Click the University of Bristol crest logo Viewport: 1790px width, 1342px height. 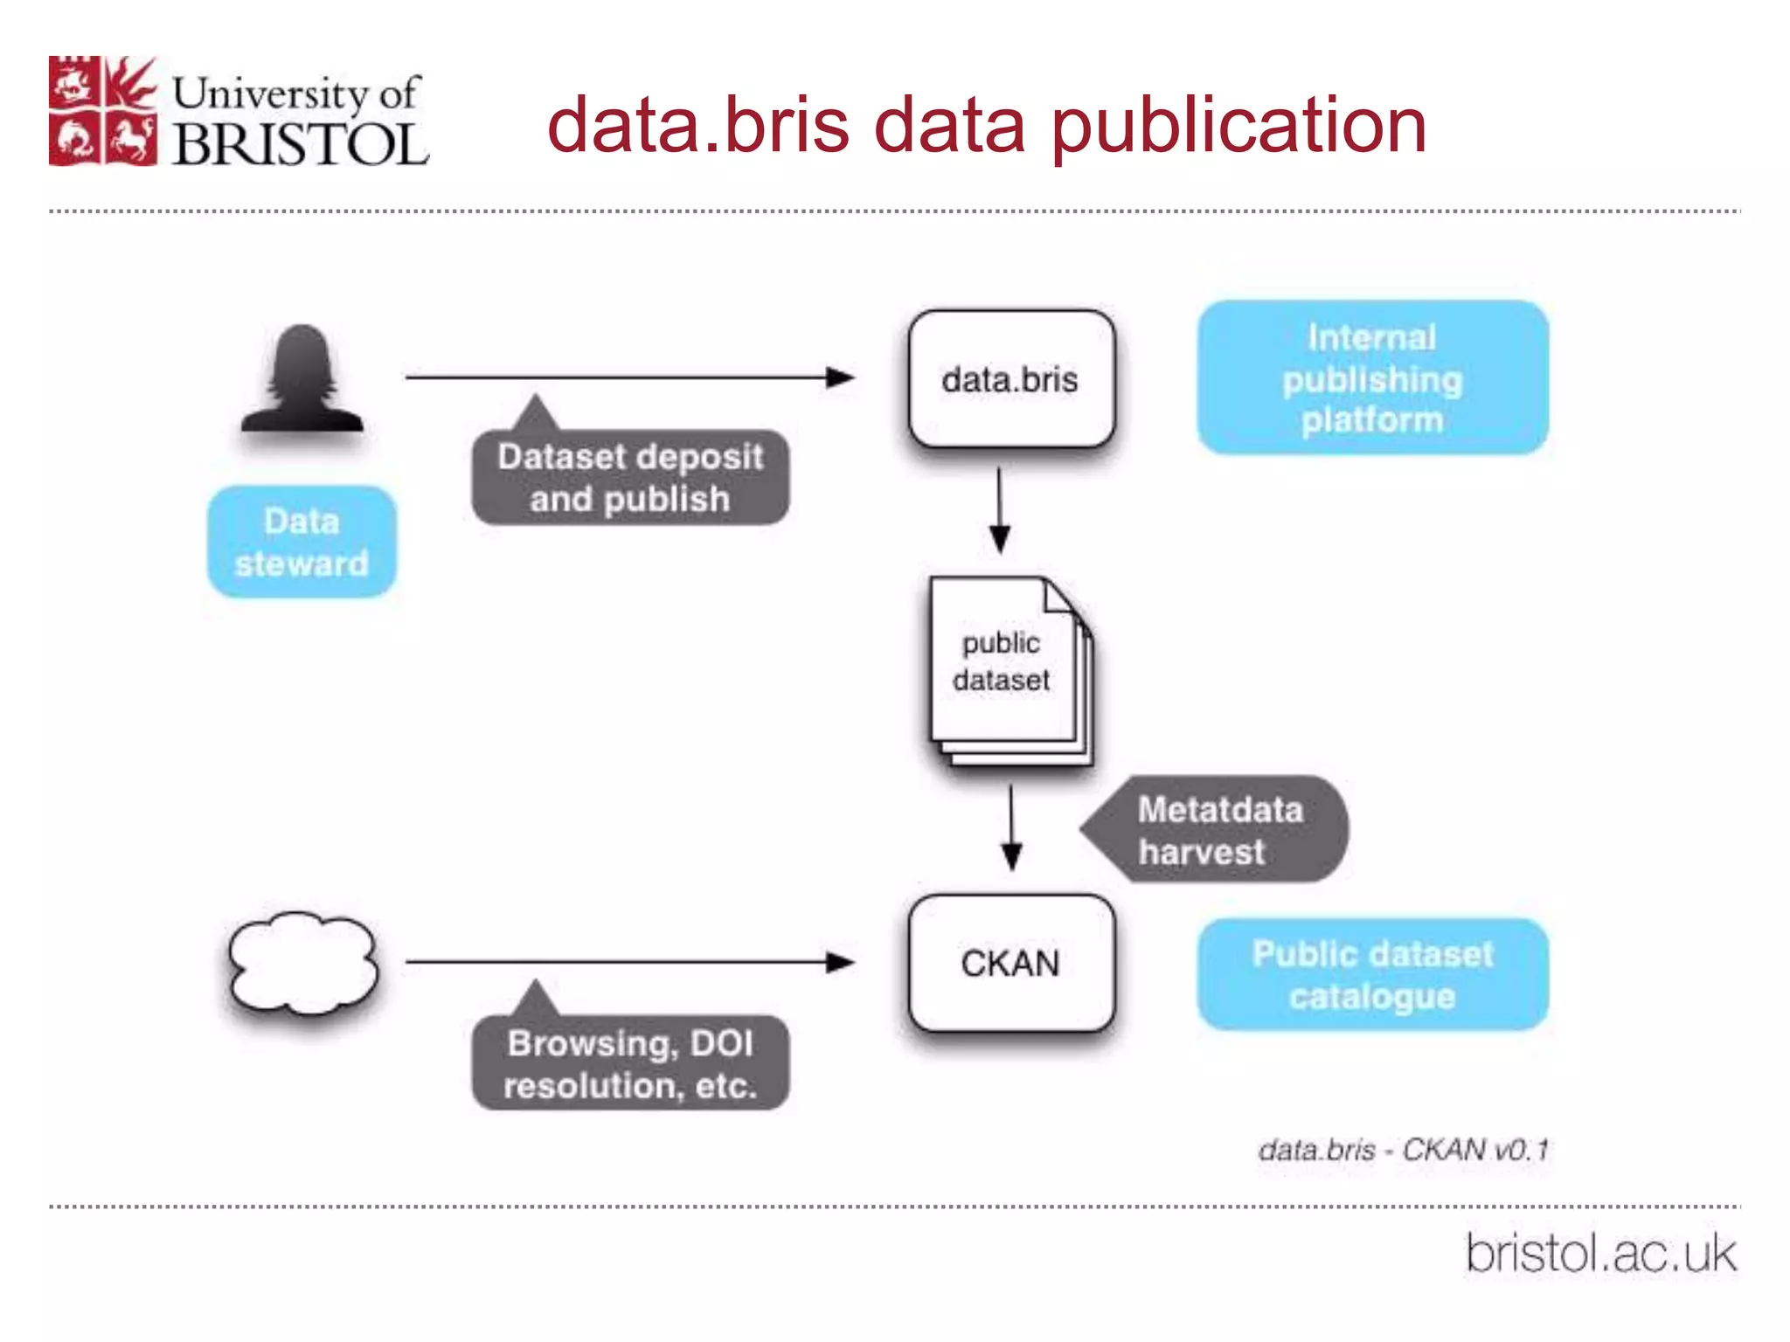pos(103,111)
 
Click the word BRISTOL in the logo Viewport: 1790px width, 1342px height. pos(301,143)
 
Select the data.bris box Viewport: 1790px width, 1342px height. pos(1011,379)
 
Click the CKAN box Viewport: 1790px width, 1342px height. pos(1011,963)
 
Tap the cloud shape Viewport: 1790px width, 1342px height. pos(302,963)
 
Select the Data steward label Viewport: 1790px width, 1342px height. pos(302,542)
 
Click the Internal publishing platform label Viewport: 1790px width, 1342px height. pos(1372,377)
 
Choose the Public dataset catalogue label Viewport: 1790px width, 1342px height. pos(1372,974)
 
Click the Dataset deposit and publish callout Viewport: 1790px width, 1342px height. pos(630,477)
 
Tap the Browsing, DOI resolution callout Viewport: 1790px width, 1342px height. pos(630,1062)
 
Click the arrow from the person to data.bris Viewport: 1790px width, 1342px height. pos(628,377)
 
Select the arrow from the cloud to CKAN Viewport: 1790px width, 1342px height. pos(628,962)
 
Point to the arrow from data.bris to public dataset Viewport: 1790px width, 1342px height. pos(1000,510)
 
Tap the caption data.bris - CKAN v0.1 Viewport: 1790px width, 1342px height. pos(1403,1149)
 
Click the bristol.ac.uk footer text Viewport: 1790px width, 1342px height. pos(1600,1254)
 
